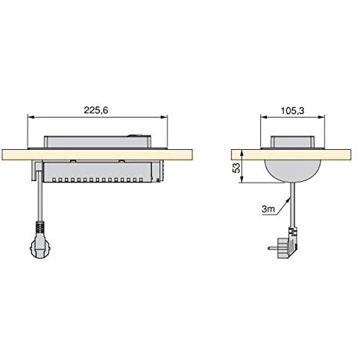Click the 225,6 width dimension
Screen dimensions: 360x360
[96, 110]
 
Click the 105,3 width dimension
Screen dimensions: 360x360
[292, 110]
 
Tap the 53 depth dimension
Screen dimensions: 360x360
[237, 168]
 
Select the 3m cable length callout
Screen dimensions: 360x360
[268, 209]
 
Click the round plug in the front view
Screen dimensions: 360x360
[40, 247]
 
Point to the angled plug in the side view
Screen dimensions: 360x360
[288, 244]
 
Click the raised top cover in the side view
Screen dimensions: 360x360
[292, 142]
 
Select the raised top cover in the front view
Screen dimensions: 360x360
[98, 142]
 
